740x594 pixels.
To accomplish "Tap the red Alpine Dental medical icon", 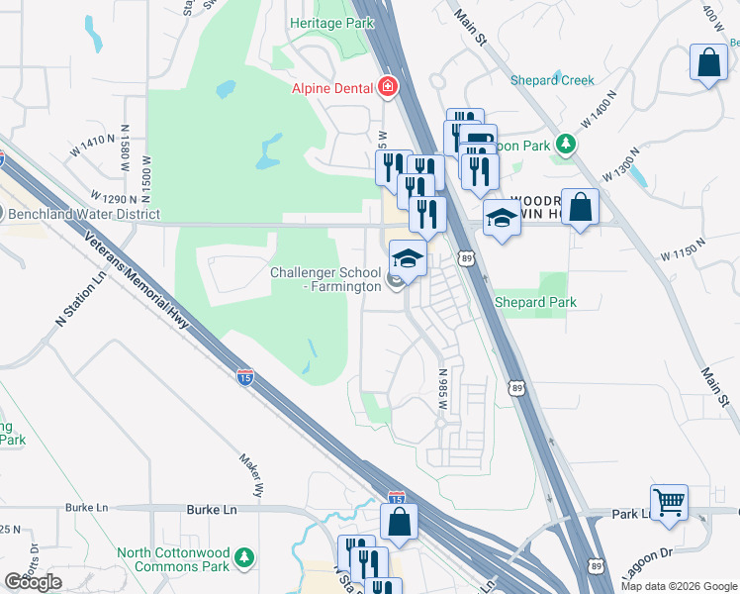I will (388, 88).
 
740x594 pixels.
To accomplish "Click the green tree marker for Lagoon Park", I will (566, 145).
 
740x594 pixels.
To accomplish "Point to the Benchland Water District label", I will (83, 214).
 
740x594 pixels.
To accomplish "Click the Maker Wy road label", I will (251, 474).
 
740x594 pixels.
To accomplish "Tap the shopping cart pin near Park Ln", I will (670, 501).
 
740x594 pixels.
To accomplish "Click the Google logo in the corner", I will (33, 582).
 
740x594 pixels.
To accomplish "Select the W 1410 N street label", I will (94, 145).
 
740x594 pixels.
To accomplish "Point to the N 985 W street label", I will (444, 391).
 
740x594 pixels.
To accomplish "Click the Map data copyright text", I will (678, 586).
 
